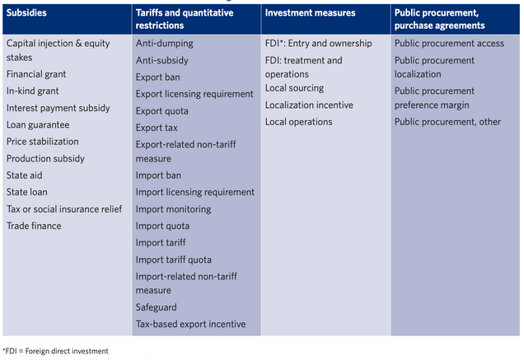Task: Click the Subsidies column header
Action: point(28,13)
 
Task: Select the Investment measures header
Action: point(310,13)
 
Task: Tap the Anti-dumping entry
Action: point(165,43)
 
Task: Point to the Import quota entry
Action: point(162,226)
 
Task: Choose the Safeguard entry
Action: point(157,307)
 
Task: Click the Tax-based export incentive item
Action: point(190,324)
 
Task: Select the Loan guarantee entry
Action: point(38,124)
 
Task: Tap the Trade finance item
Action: point(34,226)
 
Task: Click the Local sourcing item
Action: point(294,88)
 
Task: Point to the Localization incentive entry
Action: point(309,105)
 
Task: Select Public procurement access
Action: point(448,43)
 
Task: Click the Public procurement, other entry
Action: point(447,122)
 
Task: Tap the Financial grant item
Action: point(36,74)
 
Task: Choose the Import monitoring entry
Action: point(173,209)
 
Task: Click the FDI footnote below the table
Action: point(55,351)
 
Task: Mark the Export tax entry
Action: point(157,128)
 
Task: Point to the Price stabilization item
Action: point(43,142)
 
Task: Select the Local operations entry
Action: point(298,122)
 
